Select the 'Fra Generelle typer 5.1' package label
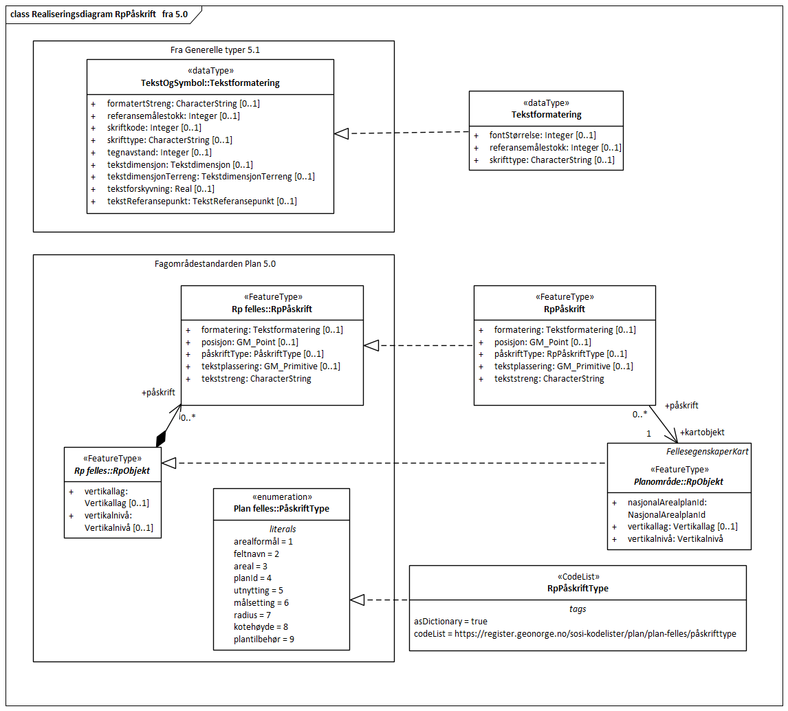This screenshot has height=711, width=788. (x=215, y=50)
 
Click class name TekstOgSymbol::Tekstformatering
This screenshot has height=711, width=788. (x=210, y=83)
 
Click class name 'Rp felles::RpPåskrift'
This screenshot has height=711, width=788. (x=272, y=309)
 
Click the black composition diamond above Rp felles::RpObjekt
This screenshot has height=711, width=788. (x=161, y=438)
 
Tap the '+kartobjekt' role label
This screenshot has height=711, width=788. (x=701, y=433)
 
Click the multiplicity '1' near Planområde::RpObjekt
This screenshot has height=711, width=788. (x=648, y=434)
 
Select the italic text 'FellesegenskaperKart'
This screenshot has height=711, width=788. (x=708, y=451)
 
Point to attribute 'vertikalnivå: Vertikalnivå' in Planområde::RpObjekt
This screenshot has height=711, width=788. (x=675, y=538)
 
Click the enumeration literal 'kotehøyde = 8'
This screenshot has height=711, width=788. (x=261, y=626)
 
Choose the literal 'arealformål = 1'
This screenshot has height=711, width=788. (x=263, y=541)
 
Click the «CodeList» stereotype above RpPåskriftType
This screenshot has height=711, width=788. (x=577, y=577)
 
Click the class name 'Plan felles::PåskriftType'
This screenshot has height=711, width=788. (x=281, y=509)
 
